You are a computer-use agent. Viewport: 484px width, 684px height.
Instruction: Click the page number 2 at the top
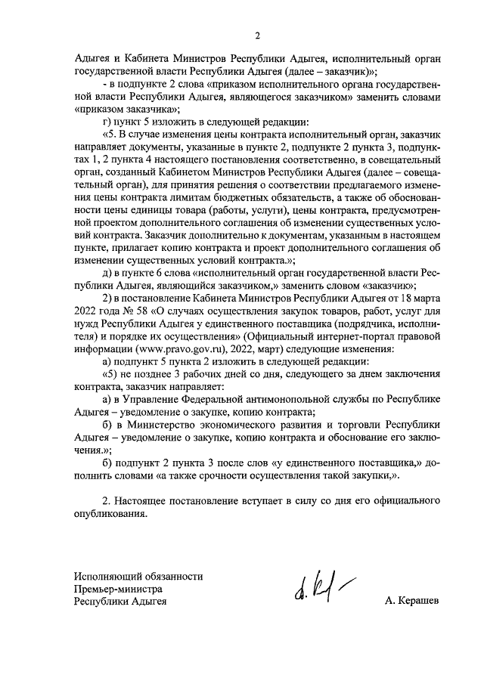pos(257,36)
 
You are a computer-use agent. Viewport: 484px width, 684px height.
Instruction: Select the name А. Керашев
pos(411,602)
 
